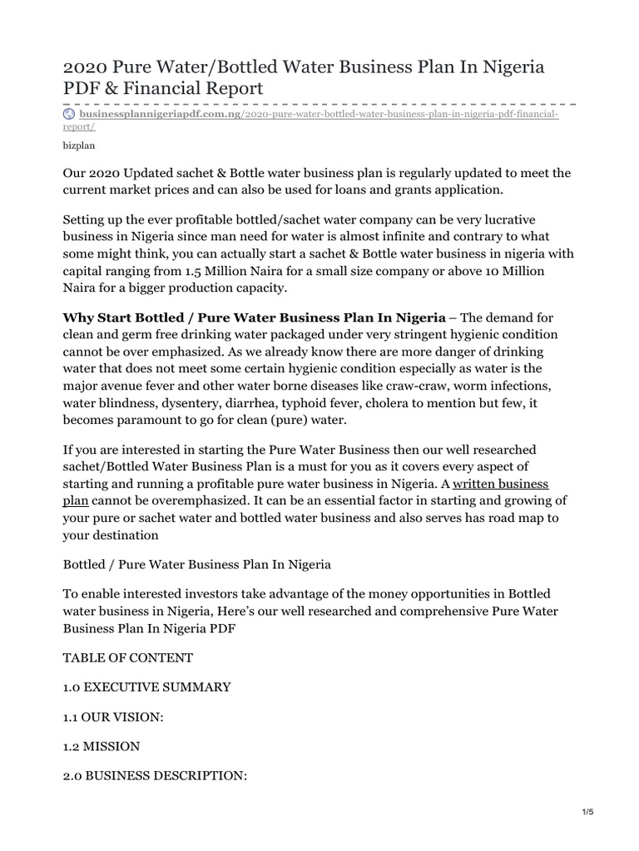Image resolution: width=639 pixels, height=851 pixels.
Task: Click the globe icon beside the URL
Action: [x=70, y=113]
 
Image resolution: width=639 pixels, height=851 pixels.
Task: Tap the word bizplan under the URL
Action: [x=79, y=145]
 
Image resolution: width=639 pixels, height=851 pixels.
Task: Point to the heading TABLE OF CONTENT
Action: [x=128, y=657]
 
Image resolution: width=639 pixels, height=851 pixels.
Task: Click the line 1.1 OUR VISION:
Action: [x=114, y=717]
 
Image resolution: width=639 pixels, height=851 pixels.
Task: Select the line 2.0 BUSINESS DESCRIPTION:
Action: [x=155, y=776]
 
